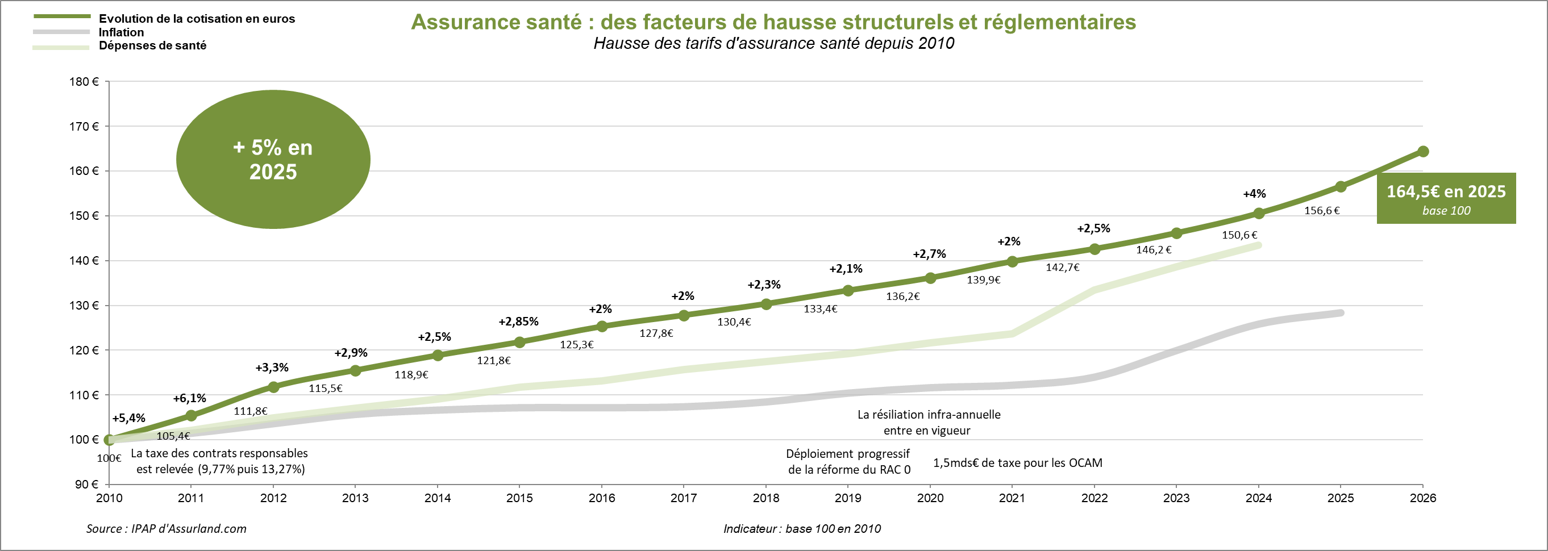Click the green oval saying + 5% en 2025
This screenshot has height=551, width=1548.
point(273,159)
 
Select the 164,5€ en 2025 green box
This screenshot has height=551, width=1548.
point(1446,198)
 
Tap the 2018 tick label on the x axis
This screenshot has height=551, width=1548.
point(765,498)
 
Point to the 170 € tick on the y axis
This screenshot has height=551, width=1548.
point(84,126)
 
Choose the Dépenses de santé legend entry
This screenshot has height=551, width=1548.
point(152,45)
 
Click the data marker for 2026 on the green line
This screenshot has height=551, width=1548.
point(1422,152)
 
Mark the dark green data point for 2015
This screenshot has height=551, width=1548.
point(520,343)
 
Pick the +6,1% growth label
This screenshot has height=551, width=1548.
point(189,398)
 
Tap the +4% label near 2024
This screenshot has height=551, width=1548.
point(1254,194)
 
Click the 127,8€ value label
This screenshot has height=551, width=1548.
point(656,333)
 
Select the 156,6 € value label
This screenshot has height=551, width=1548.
point(1321,211)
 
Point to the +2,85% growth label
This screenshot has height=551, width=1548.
point(518,322)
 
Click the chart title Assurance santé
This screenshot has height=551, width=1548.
point(773,22)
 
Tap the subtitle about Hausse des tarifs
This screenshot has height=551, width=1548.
point(773,44)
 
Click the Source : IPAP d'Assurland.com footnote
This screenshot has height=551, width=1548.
point(166,529)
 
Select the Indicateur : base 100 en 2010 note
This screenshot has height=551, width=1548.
point(802,529)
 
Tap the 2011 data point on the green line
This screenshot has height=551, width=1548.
point(191,415)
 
